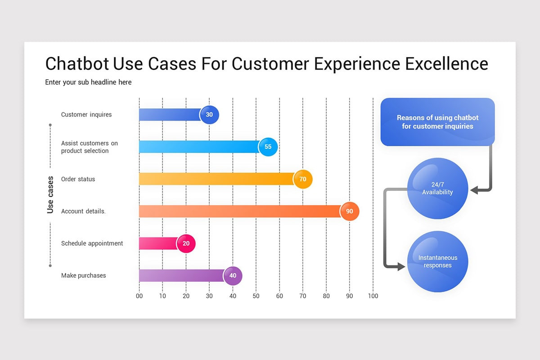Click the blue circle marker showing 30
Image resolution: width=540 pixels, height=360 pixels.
click(209, 115)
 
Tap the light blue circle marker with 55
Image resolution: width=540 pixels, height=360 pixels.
click(268, 147)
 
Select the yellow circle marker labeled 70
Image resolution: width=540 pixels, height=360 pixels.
click(303, 179)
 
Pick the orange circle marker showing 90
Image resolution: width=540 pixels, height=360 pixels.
click(350, 211)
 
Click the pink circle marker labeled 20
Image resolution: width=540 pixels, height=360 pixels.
click(186, 243)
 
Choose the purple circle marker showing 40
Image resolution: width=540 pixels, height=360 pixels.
click(233, 276)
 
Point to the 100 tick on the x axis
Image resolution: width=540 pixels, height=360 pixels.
click(373, 296)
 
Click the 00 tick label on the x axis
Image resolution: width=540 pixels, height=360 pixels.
click(139, 296)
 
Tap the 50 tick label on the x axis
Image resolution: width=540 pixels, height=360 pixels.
click(256, 296)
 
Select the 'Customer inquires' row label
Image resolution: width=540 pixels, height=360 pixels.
click(86, 115)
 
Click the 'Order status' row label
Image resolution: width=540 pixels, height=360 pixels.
click(78, 179)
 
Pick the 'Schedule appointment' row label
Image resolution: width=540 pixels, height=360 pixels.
click(92, 243)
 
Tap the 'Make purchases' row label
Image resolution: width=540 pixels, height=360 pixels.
click(84, 275)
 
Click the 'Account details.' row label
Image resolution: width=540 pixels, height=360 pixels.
click(83, 211)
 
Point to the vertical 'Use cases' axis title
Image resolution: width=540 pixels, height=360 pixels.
click(50, 194)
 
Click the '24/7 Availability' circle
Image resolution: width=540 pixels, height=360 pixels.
click(437, 189)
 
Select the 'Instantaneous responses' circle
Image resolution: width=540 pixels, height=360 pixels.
click(437, 261)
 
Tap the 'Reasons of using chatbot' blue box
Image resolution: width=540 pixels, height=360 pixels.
click(437, 122)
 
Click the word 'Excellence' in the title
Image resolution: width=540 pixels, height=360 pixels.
click(446, 64)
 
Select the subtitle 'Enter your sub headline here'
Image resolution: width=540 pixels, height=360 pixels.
click(88, 82)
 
